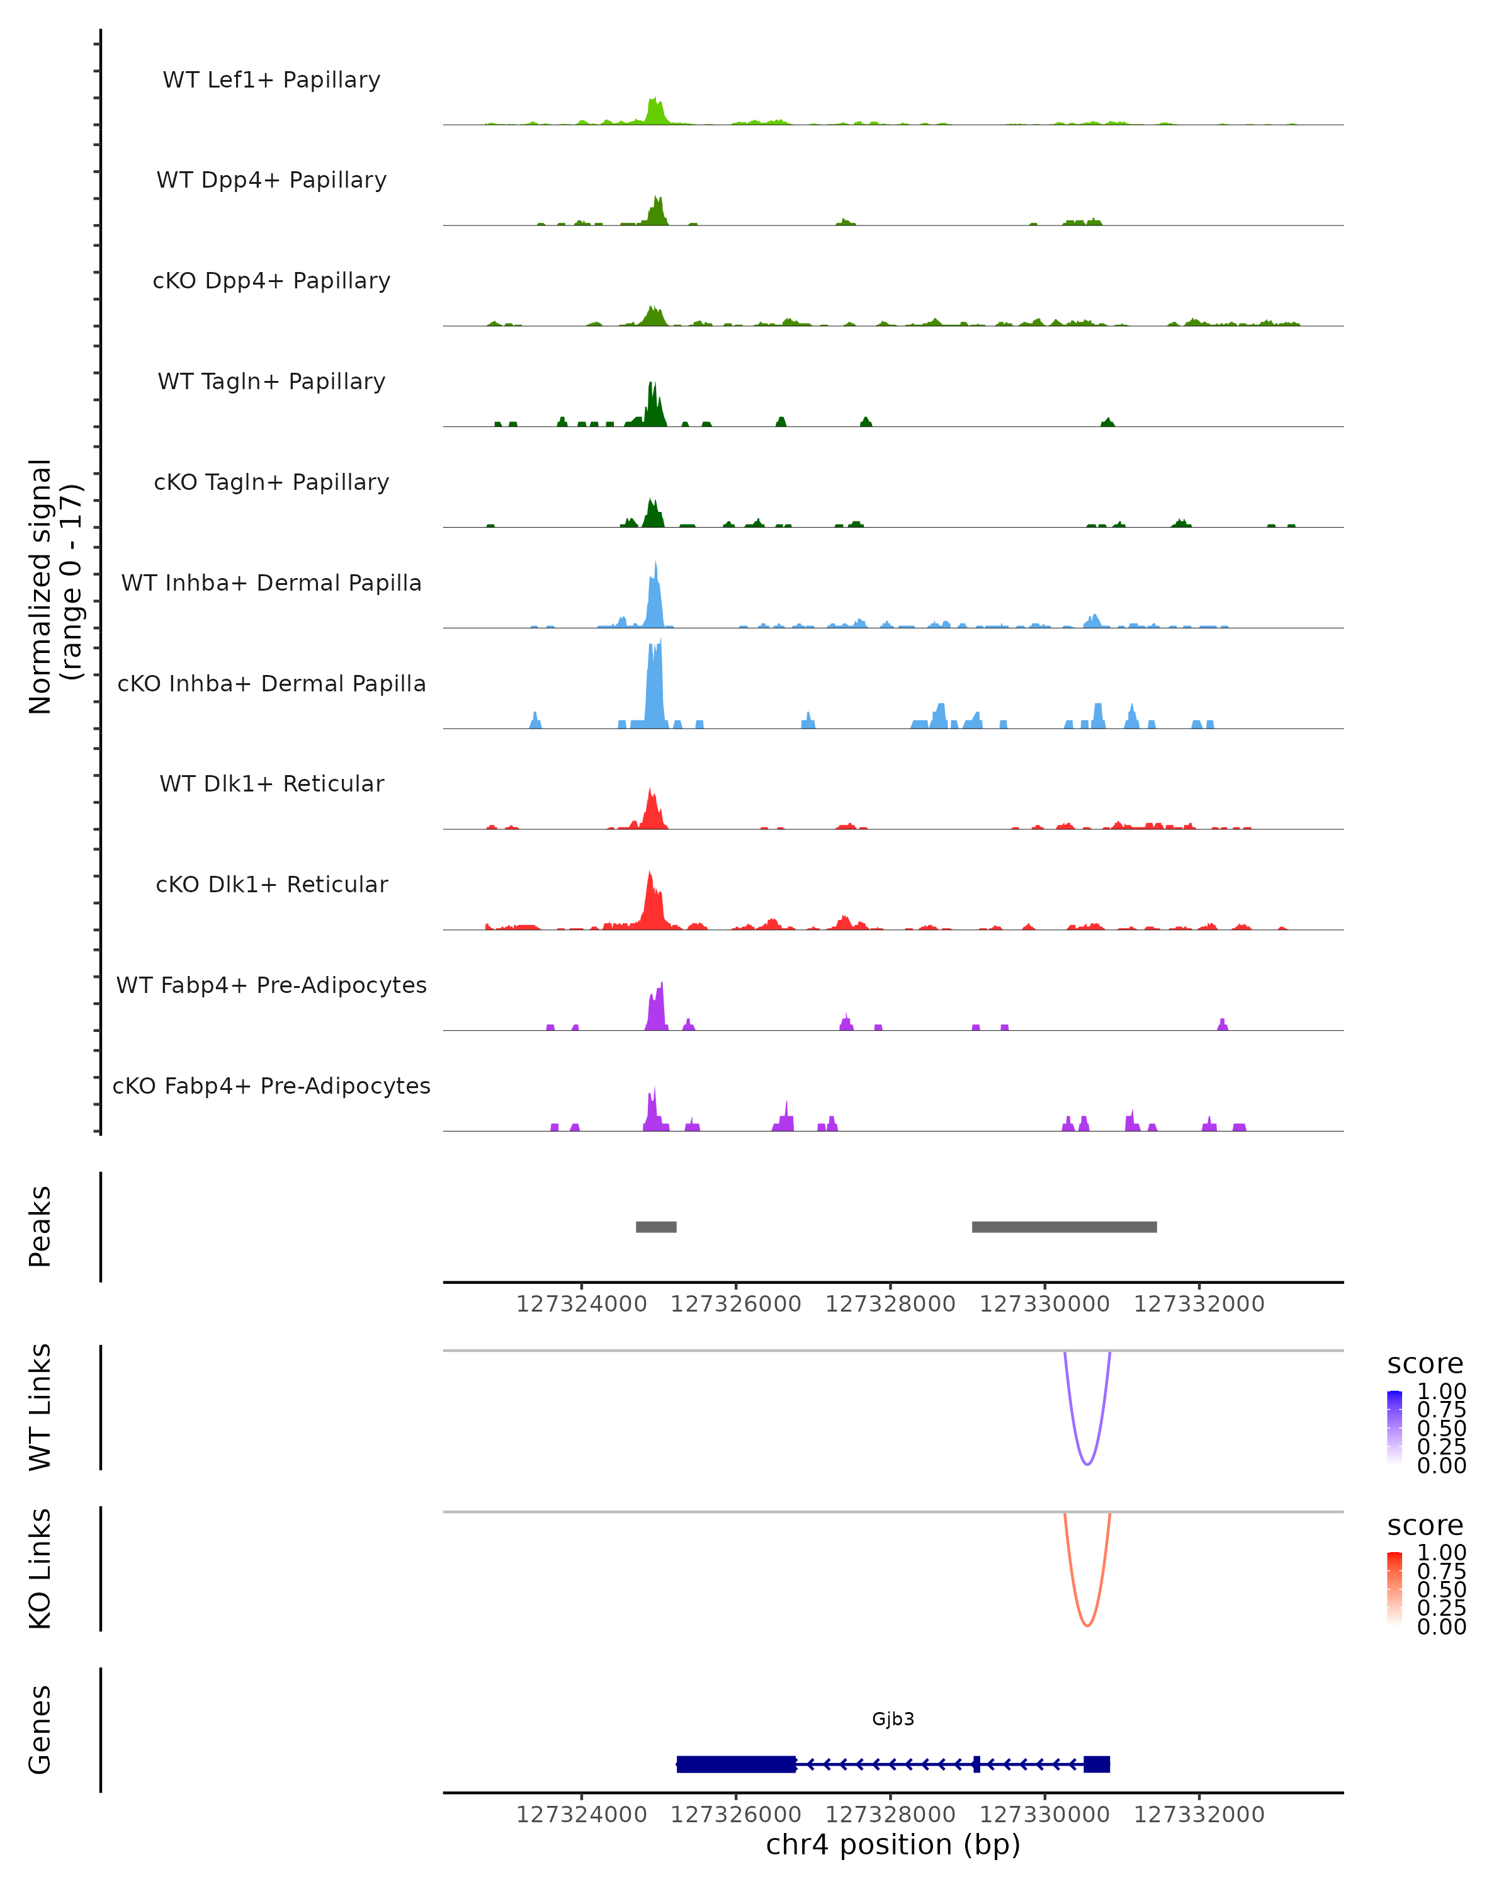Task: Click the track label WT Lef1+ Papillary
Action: [271, 80]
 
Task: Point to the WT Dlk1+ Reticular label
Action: [271, 783]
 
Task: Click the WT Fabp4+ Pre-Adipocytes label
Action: [271, 985]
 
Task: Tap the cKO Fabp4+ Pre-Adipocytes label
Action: [271, 1086]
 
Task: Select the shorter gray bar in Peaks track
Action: [656, 1227]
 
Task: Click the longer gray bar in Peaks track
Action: [1064, 1227]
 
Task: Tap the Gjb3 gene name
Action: [893, 1719]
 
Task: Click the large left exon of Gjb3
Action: [736, 1764]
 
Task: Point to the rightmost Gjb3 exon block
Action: [1097, 1764]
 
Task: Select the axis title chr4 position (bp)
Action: [893, 1844]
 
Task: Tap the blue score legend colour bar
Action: [1395, 1426]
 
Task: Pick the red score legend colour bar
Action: [1395, 1587]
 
